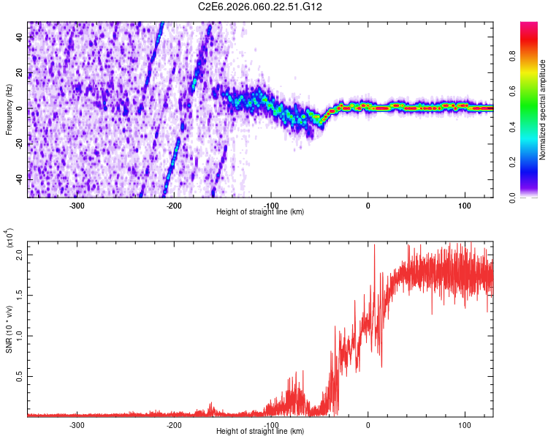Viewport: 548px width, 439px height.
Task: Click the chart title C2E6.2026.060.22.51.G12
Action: pyautogui.click(x=260, y=7)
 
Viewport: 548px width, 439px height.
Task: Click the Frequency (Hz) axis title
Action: pyautogui.click(x=9, y=110)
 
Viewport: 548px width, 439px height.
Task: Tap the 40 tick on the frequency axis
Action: pyautogui.click(x=20, y=38)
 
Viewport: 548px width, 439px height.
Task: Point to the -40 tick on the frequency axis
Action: pyautogui.click(x=19, y=179)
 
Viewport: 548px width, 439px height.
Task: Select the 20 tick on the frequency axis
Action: pyautogui.click(x=20, y=74)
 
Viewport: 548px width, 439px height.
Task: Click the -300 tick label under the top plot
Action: pyautogui.click(x=77, y=205)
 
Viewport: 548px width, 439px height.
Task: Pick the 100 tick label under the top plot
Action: pyautogui.click(x=465, y=205)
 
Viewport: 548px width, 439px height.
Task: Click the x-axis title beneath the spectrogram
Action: pyautogui.click(x=260, y=212)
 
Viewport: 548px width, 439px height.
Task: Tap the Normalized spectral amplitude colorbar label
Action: pyautogui.click(x=542, y=110)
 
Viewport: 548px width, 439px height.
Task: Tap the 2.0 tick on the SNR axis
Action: pyautogui.click(x=20, y=255)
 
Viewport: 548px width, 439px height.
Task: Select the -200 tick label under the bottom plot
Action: pyautogui.click(x=174, y=424)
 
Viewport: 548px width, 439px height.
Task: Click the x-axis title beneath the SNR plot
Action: pyautogui.click(x=260, y=432)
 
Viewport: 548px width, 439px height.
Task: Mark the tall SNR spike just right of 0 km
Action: pyautogui.click(x=375, y=246)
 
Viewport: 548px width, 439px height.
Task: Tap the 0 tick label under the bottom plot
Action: pyautogui.click(x=368, y=424)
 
